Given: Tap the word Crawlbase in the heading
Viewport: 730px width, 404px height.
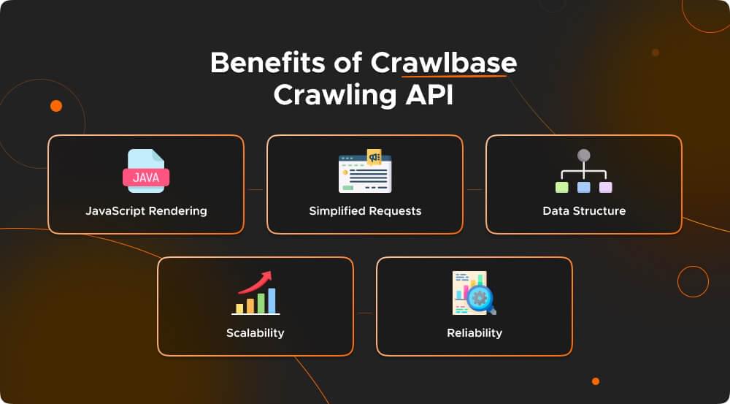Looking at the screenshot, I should pos(443,64).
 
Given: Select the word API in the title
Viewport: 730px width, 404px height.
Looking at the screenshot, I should pos(426,96).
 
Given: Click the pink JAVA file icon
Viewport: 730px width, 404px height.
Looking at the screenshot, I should pos(146,176).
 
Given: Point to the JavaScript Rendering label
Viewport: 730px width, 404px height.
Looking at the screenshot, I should pos(146,211).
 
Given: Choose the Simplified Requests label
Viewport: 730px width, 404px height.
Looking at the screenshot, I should pos(365,211).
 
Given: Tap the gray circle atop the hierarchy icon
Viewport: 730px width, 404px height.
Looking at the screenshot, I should pos(583,156).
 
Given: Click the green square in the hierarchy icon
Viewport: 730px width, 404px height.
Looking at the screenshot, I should pos(561,188).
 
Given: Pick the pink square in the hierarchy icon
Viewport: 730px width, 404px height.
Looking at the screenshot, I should pos(605,188).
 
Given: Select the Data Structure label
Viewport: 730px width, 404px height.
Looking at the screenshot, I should pos(584,211).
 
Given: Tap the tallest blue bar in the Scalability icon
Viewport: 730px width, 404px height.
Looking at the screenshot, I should pos(272,300).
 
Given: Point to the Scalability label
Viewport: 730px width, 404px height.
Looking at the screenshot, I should pos(255,333).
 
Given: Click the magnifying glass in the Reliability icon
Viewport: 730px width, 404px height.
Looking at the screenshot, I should pos(481,298).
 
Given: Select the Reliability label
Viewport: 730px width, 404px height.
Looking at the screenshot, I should pos(474,333).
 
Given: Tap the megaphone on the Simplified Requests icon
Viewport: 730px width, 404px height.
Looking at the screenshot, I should pos(374,157).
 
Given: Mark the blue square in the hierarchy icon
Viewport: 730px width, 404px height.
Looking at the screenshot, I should pos(583,188).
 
